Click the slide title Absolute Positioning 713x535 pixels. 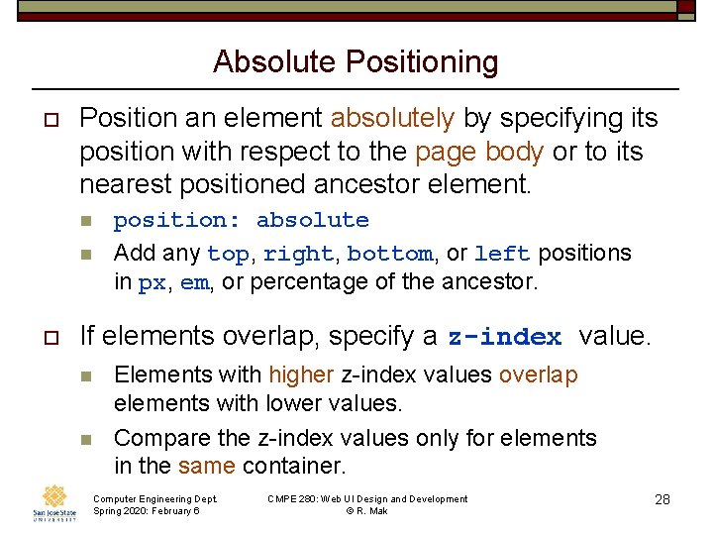(356, 61)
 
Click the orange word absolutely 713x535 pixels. (392, 118)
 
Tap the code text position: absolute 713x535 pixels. (241, 220)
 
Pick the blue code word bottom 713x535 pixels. (389, 254)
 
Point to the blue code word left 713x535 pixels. (502, 254)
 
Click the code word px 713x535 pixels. (152, 282)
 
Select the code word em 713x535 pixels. (194, 282)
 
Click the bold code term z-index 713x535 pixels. (505, 337)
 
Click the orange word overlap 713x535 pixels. (539, 374)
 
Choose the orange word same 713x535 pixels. (206, 466)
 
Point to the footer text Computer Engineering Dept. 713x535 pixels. (154, 498)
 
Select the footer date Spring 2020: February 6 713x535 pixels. (146, 511)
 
